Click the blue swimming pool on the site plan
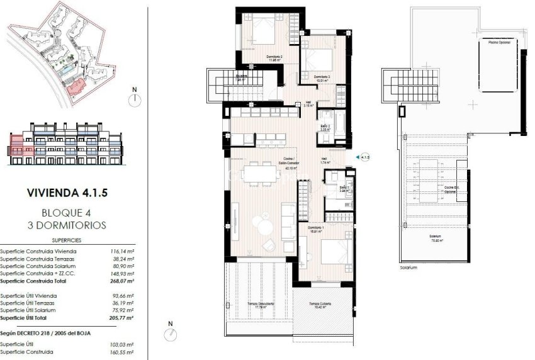click(64, 72)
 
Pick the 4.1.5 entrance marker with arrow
click(362, 157)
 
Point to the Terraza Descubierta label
click(260, 306)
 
